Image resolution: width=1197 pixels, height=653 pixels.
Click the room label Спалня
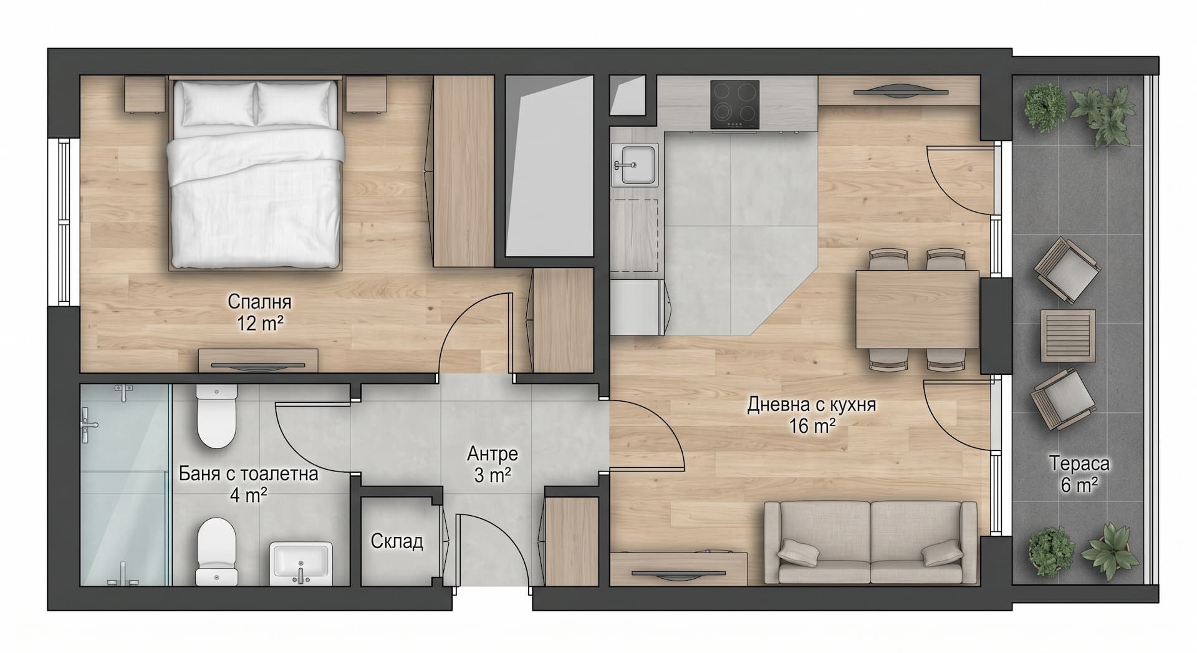[259, 302]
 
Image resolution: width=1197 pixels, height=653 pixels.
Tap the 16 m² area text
[812, 426]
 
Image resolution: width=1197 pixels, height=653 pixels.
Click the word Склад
[397, 541]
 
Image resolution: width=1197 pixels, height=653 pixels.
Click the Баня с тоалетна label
[249, 473]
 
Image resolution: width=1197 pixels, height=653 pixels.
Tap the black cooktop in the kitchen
[734, 105]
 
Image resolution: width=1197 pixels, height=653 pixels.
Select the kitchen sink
[635, 164]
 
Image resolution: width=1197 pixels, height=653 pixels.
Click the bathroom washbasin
[301, 564]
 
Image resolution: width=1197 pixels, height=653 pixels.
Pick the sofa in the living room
[870, 542]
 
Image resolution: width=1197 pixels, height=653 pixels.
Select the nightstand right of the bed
[367, 94]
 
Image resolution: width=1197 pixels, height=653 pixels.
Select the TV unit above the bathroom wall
[258, 361]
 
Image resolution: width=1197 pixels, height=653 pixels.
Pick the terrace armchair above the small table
[1067, 270]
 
